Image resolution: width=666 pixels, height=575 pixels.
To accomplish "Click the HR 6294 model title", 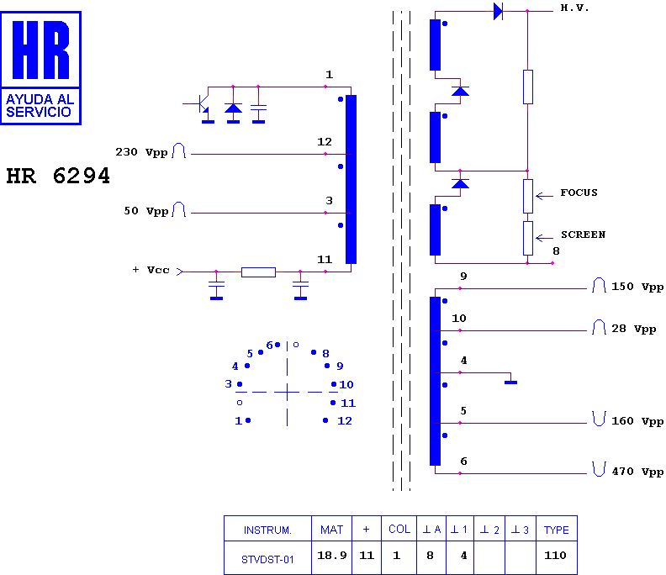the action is pos(58,176).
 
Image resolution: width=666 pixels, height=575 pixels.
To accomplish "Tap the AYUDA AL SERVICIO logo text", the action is pos(40,105).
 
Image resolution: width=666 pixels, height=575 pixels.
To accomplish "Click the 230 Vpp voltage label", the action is pos(141,152).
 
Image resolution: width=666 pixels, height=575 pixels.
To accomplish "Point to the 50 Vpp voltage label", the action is pos(145,211).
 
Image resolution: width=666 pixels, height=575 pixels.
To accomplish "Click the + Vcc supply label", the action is pos(151,270).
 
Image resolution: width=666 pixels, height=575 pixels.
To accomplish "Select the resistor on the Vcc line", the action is pos(258,272).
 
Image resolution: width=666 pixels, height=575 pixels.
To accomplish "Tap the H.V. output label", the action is pos(574,8).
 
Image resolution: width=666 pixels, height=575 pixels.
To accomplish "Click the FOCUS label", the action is pos(579,193).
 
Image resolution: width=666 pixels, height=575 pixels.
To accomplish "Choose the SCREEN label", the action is pos(583,235).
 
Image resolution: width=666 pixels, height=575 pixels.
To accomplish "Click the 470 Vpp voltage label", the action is pos(637,472).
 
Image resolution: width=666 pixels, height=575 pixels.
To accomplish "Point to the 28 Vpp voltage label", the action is pos(634,330).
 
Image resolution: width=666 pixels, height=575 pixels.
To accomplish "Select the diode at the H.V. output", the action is pos(498,12).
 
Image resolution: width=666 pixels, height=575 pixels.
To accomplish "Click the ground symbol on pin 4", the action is pos(510,382).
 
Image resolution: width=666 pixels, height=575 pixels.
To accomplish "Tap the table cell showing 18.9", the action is pos(331,556).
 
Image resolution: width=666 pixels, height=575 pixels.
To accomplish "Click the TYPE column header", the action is pos(556,530).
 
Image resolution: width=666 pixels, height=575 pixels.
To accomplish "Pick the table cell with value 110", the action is pos(555,556).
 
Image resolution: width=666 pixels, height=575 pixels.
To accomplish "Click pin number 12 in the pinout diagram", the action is pos(345,421).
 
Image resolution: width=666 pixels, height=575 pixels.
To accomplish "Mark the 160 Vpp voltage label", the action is pos(637,421).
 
